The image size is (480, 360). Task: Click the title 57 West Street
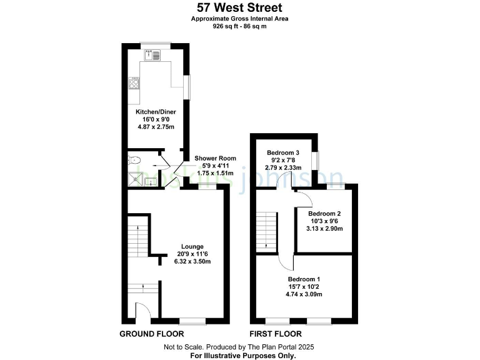coord(240,8)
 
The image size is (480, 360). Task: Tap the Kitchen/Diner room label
coord(151,112)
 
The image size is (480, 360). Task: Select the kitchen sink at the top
coord(152,55)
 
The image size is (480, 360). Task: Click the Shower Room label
coord(214,158)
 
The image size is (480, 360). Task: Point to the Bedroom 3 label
coord(283,152)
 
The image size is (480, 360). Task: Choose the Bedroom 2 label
coord(325,212)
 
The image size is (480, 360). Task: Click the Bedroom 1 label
coord(304,279)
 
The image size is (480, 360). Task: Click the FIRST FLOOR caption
coord(276,334)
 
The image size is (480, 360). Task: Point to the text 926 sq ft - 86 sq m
coord(240,27)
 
